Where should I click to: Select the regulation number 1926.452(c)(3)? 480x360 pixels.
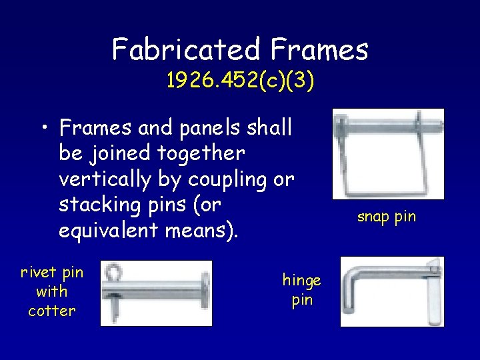point(240,81)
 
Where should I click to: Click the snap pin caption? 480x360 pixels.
point(386,217)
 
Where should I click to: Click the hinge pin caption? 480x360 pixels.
point(301,290)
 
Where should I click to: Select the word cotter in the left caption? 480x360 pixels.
point(52,311)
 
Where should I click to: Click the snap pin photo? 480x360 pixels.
point(388,153)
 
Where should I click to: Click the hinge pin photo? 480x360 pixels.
point(392,292)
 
